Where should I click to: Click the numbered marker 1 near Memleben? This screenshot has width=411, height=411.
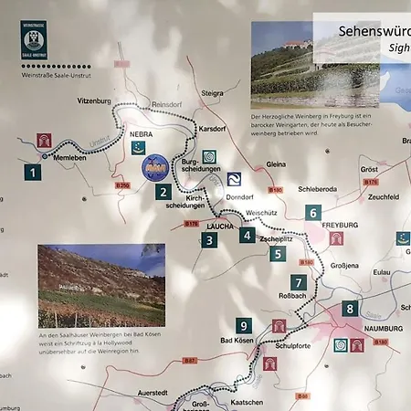click(x=33, y=171)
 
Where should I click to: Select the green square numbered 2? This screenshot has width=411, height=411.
click(x=162, y=192)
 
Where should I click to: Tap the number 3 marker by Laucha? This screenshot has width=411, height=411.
click(x=209, y=240)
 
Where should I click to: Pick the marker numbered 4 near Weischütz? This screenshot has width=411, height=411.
click(x=247, y=235)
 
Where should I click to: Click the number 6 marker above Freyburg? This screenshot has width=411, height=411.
click(x=313, y=213)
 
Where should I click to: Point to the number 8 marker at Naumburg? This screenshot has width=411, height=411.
click(x=350, y=309)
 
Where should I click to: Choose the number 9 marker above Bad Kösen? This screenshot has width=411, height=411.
click(x=243, y=325)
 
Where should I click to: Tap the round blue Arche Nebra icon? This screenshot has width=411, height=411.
click(x=154, y=167)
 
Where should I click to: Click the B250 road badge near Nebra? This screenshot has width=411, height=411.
click(x=123, y=185)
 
